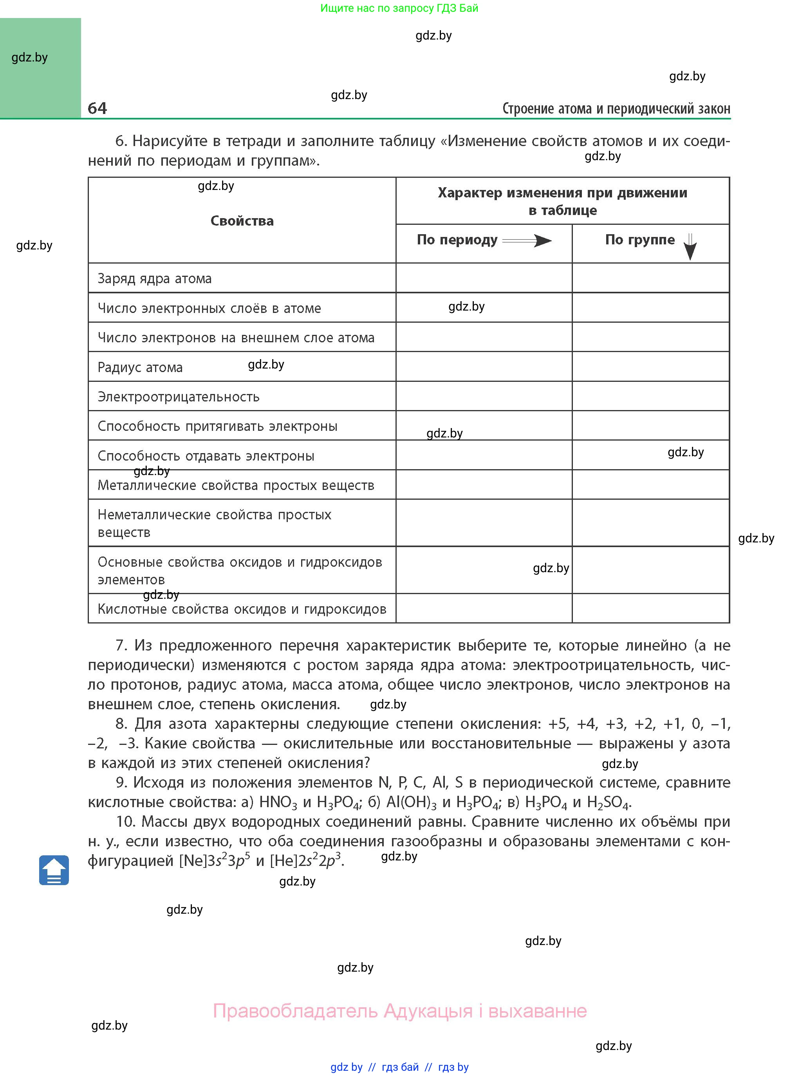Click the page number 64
coord(98,108)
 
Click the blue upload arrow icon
coord(54,870)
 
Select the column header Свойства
coord(242,221)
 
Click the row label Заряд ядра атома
coord(155,278)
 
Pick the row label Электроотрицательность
coord(178,397)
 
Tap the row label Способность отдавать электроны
coord(206,456)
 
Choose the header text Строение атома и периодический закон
coord(616,108)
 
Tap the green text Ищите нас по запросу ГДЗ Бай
coord(399,8)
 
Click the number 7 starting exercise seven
coord(121,645)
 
